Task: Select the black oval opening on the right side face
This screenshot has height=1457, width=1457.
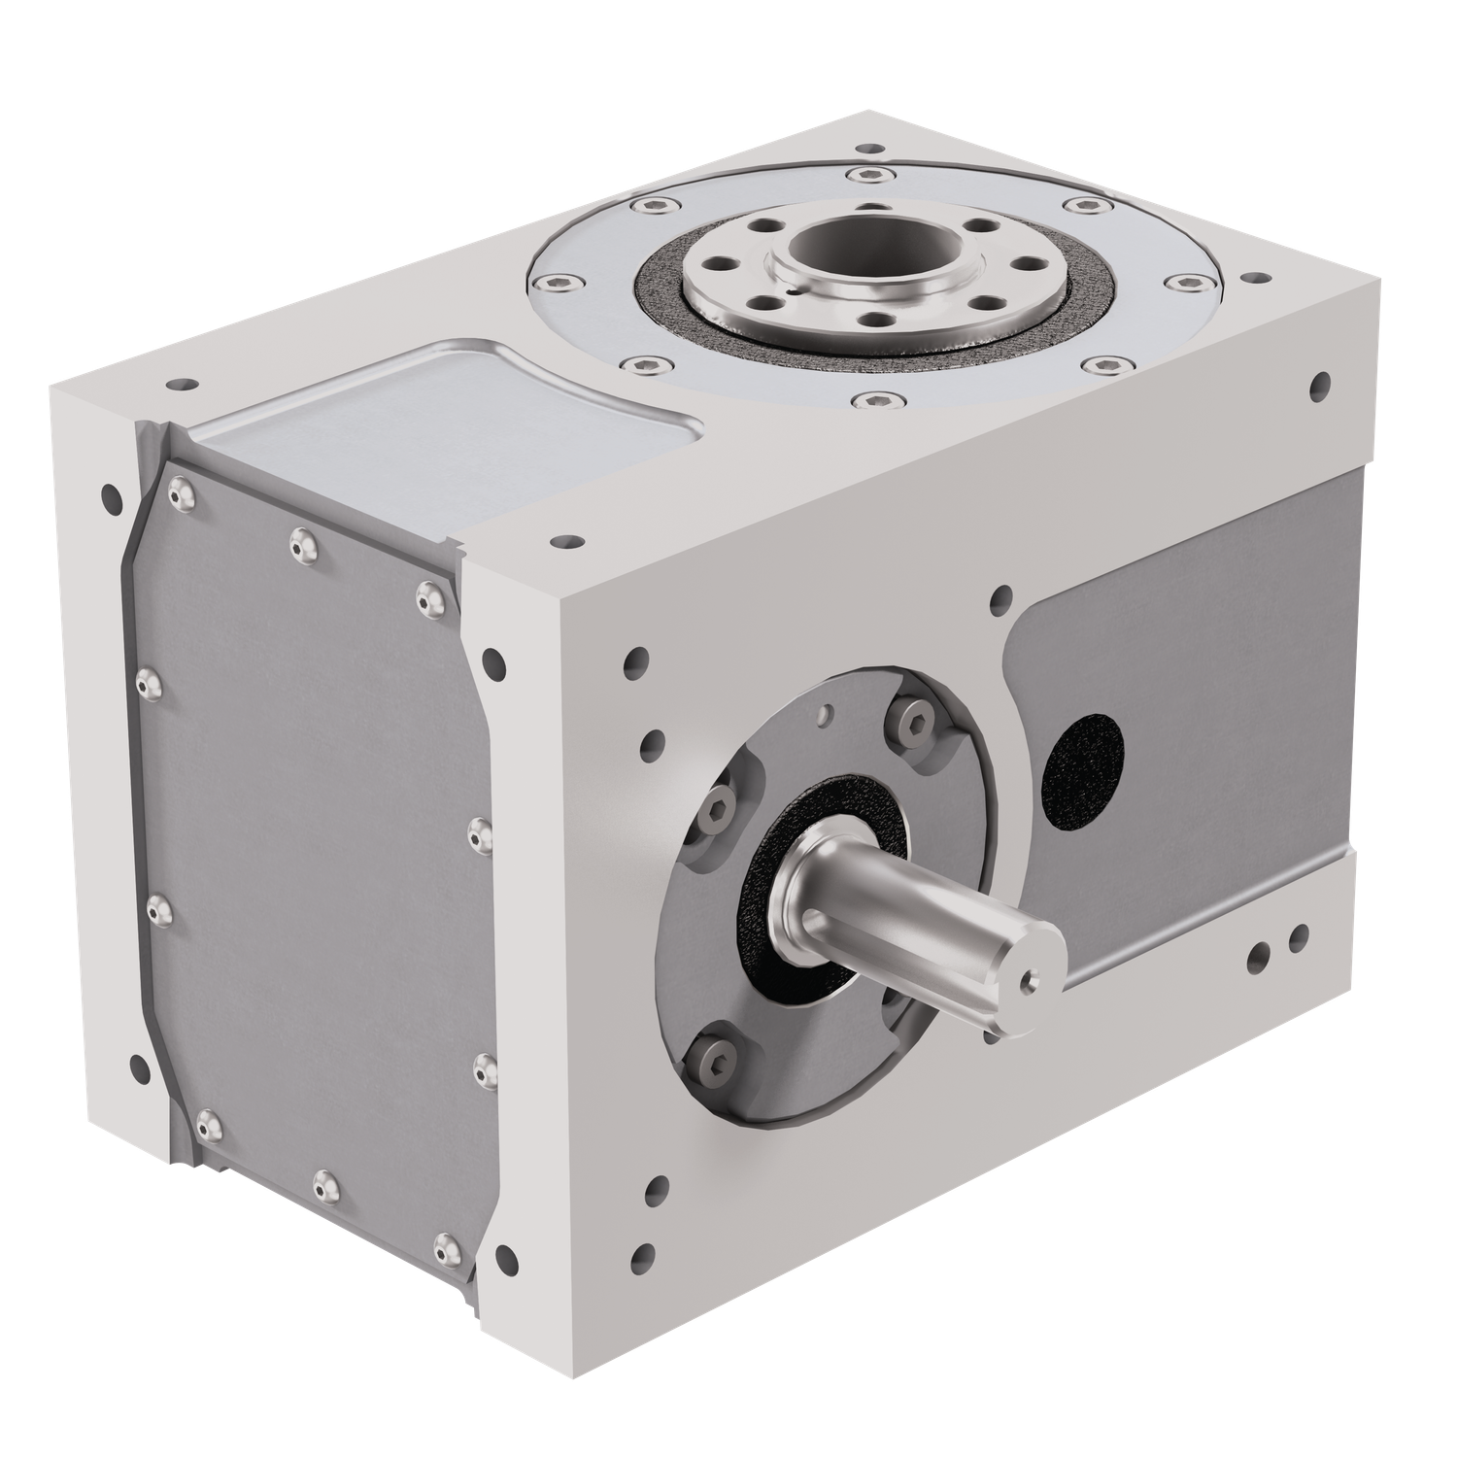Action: tap(1082, 769)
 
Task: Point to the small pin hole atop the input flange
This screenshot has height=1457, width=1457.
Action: tap(826, 715)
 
